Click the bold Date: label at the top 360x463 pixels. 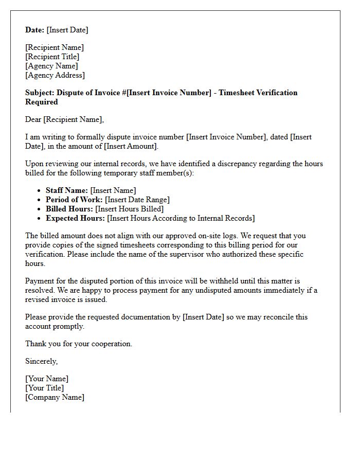(35, 30)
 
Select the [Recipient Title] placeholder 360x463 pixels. (52, 57)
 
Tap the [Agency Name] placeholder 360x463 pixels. (51, 66)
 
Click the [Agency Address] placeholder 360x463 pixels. (55, 75)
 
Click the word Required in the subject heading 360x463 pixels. (42, 102)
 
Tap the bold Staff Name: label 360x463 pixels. (67, 190)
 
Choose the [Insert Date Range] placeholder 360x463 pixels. (137, 200)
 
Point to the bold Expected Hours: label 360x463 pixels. (75, 218)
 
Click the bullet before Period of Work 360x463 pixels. (40, 200)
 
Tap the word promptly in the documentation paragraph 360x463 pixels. (69, 326)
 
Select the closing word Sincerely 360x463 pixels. (41, 361)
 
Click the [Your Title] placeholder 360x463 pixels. (45, 388)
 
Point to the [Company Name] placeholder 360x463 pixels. (55, 397)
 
